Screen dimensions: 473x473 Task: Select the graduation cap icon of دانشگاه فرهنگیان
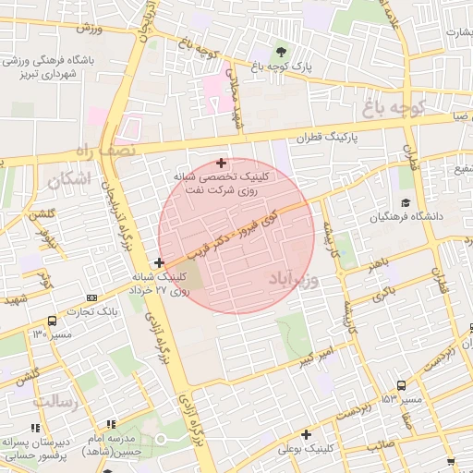click(x=405, y=202)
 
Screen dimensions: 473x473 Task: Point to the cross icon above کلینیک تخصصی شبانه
click(x=220, y=163)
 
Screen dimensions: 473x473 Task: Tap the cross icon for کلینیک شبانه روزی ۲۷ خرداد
click(x=161, y=263)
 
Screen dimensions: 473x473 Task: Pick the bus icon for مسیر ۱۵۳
click(x=401, y=386)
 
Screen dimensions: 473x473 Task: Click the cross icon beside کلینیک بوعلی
click(x=305, y=433)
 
